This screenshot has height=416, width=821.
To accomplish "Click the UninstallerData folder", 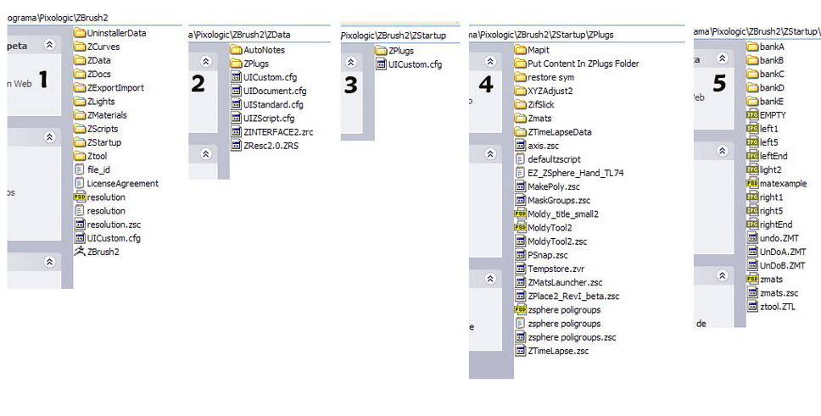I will [x=115, y=33].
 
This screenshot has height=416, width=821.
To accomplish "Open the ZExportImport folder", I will [x=114, y=87].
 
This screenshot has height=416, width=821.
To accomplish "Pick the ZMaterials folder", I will [x=106, y=115].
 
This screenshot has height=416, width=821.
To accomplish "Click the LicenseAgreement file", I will [x=121, y=183].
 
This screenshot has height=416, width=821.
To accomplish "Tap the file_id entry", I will [x=98, y=169].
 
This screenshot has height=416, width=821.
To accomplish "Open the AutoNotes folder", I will [x=263, y=50].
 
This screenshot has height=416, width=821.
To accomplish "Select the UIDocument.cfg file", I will [x=274, y=91].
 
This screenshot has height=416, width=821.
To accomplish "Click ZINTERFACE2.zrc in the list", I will [x=277, y=131].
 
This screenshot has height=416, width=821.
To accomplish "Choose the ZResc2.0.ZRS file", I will [x=271, y=145].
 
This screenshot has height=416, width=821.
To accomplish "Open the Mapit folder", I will [x=538, y=50].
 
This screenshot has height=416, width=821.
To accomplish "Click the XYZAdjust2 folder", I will [x=550, y=91].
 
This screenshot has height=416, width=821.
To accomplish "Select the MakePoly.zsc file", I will [x=553, y=186].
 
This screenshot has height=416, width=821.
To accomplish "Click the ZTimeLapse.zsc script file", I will [x=557, y=351].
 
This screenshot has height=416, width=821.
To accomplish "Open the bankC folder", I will [x=771, y=74].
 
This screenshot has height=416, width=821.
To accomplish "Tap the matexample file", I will [x=782, y=183].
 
